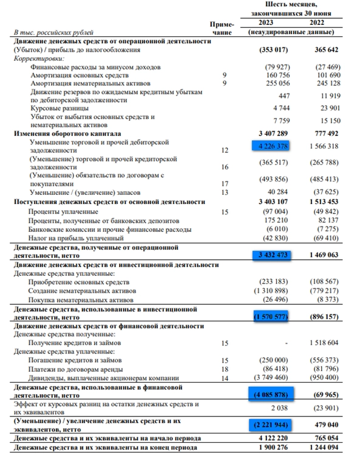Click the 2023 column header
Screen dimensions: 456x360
[268, 22]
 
